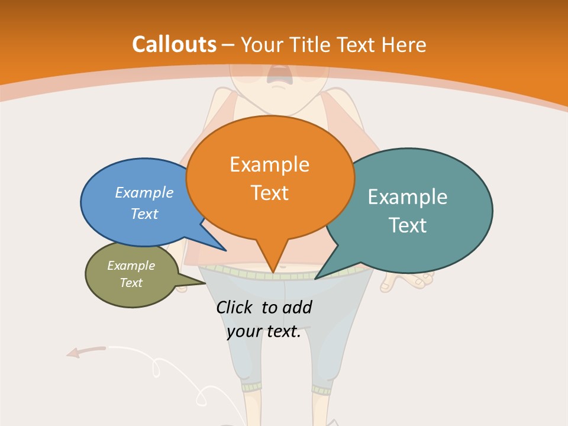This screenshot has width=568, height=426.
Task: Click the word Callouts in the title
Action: [175, 44]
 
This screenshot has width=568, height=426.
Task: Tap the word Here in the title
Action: [404, 45]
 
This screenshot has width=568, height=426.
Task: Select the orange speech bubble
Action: [270, 178]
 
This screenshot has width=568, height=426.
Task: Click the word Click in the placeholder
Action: [235, 307]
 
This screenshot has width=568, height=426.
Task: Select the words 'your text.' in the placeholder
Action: [264, 332]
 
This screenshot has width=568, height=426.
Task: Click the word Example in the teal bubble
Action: [408, 197]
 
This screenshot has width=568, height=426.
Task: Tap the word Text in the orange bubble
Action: [270, 193]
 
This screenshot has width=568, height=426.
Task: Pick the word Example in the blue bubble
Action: [144, 192]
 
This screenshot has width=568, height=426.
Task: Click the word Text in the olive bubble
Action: [131, 283]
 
